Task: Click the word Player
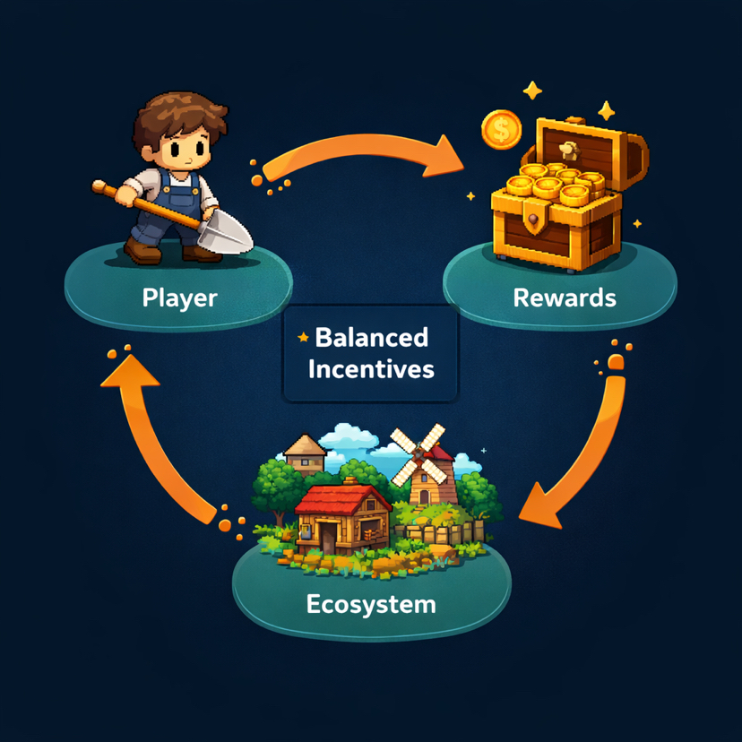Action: click(179, 298)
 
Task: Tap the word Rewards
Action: click(565, 298)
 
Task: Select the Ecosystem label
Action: click(371, 604)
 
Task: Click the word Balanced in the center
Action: click(372, 338)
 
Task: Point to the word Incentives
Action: click(371, 368)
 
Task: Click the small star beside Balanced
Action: click(303, 338)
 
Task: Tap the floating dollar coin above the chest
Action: click(501, 131)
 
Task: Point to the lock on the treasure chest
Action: click(535, 220)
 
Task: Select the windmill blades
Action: click(418, 448)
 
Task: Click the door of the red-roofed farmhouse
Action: click(328, 538)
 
